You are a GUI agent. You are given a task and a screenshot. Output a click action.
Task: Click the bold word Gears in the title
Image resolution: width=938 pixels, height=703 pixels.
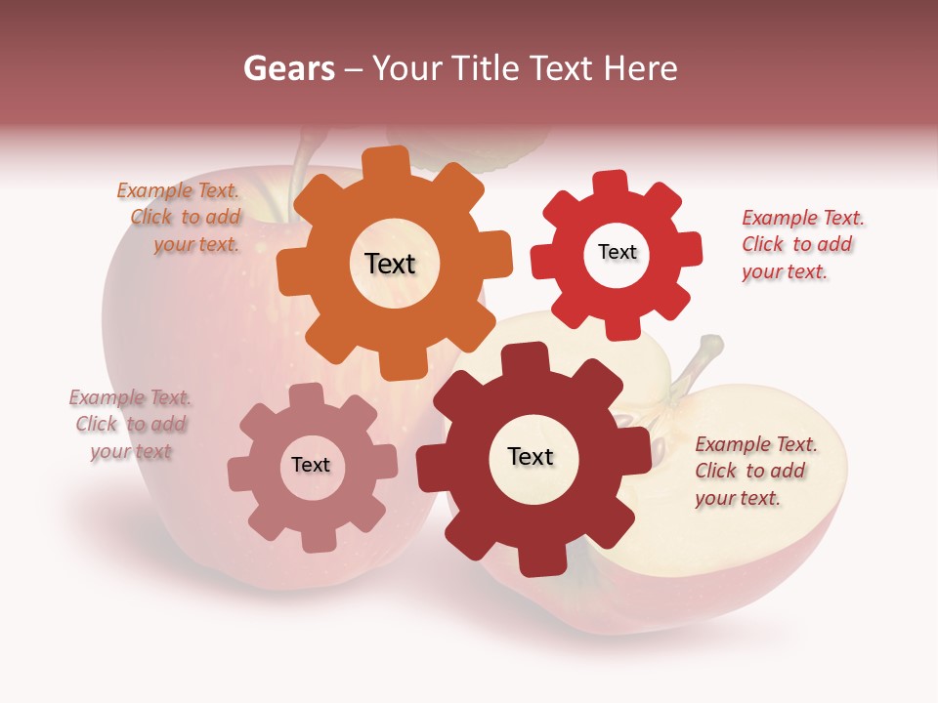pyautogui.click(x=289, y=68)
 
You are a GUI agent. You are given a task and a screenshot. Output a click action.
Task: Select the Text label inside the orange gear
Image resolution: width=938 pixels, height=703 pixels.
pyautogui.click(x=390, y=264)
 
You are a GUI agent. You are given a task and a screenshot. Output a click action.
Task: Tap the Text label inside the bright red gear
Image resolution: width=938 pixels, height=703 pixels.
pyautogui.click(x=617, y=253)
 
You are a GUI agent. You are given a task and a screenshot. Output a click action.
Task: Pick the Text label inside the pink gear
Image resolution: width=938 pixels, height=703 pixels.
pyautogui.click(x=311, y=466)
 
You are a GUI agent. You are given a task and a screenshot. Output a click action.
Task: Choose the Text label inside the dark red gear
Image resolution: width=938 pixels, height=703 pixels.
pyautogui.click(x=531, y=457)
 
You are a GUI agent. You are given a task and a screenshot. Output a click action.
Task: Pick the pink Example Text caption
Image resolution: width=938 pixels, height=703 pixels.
pyautogui.click(x=131, y=425)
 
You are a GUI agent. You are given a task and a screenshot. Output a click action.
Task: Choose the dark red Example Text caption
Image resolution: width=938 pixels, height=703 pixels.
pyautogui.click(x=754, y=472)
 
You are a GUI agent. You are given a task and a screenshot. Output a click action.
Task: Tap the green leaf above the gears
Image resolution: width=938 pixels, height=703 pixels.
pyautogui.click(x=508, y=146)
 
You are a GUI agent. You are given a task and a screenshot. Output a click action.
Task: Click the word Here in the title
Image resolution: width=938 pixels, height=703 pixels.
pyautogui.click(x=640, y=68)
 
